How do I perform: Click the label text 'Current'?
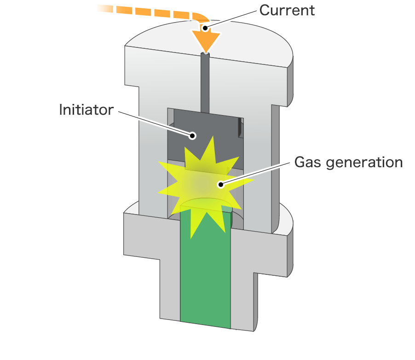click(287, 10)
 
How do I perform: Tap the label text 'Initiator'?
click(86, 110)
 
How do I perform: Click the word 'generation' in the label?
click(364, 163)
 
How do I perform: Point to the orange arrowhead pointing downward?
click(206, 41)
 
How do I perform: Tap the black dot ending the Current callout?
click(205, 28)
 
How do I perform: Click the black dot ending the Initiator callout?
click(193, 135)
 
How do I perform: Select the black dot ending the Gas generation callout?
click(221, 185)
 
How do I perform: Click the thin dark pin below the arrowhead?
click(206, 83)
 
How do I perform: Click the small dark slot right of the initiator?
click(240, 128)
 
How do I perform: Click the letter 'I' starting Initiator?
click(61, 110)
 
